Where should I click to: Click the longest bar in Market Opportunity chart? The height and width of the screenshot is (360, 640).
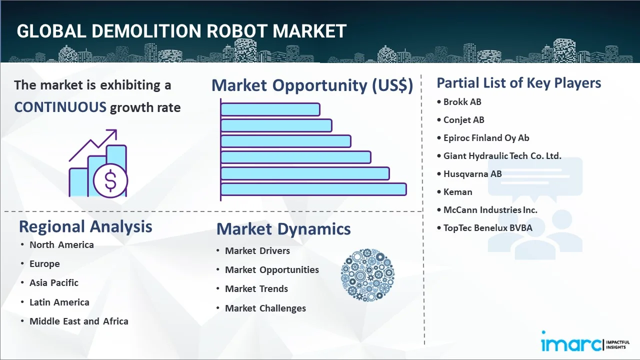[313, 189]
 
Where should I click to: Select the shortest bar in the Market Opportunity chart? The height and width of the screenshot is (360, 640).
[270, 109]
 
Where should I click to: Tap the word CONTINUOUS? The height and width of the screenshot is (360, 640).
[60, 107]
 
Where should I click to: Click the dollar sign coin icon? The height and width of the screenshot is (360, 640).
[110, 181]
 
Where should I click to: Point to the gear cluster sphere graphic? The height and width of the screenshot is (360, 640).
[367, 275]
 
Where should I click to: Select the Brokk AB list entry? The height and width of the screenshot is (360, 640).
[462, 102]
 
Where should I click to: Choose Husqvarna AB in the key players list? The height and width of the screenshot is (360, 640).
[472, 174]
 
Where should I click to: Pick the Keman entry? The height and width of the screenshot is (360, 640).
[458, 192]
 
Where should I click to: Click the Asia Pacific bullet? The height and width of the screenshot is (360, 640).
[54, 283]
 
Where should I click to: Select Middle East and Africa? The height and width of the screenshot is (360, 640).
[79, 321]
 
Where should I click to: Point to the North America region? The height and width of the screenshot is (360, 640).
[61, 245]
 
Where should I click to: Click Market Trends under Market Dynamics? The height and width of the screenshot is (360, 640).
[256, 289]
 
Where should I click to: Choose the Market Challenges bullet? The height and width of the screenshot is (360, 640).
[265, 308]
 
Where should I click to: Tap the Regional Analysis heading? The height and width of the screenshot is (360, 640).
[85, 226]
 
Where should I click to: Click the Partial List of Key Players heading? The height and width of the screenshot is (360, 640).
[518, 83]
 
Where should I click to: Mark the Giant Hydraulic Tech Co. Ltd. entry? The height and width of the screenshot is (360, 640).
[502, 156]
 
